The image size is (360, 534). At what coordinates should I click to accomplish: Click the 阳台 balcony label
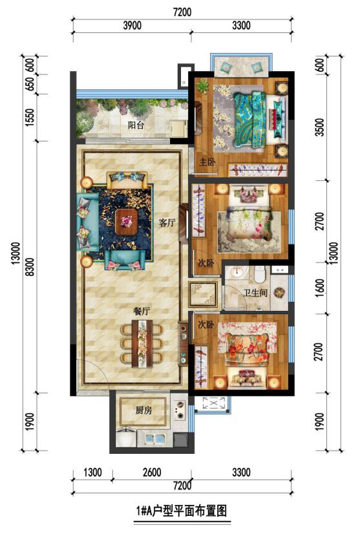tap(136, 125)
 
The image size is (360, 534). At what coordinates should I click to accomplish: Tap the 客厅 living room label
tap(167, 223)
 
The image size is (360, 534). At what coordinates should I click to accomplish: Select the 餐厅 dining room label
tap(142, 311)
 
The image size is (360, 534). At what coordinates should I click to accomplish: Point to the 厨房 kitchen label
tap(143, 411)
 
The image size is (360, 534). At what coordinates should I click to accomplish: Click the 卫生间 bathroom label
tap(255, 293)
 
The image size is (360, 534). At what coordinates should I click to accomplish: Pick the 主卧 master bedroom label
tap(207, 162)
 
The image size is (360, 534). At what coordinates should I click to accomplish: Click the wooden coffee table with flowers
tap(126, 222)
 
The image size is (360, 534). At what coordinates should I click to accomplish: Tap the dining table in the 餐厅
tap(142, 344)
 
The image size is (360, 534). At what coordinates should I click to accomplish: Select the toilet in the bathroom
tap(260, 274)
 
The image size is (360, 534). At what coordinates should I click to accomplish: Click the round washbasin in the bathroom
tap(237, 272)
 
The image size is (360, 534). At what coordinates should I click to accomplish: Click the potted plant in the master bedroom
tap(203, 85)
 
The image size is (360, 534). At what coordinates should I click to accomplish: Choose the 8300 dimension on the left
tap(30, 267)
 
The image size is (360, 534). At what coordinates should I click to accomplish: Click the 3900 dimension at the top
tap(132, 25)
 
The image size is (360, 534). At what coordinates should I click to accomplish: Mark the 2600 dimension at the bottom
tap(152, 473)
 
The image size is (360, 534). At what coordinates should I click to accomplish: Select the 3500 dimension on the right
tap(319, 127)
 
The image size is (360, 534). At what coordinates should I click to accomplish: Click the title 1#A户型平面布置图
tap(182, 511)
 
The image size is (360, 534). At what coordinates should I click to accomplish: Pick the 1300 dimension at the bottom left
tap(92, 473)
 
